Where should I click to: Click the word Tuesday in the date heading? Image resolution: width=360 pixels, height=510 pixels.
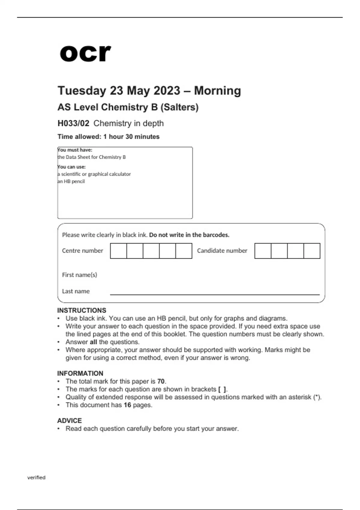pyautogui.click(x=81, y=91)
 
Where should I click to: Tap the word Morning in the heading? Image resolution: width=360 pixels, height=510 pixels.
pyautogui.click(x=217, y=91)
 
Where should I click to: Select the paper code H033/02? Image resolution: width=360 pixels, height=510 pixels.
pyautogui.click(x=73, y=123)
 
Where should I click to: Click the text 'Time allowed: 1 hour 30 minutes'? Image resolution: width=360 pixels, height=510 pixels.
pyautogui.click(x=108, y=136)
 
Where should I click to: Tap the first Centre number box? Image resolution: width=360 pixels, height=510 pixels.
pyautogui.click(x=118, y=251)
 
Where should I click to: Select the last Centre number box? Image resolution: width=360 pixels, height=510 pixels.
pyautogui.click(x=184, y=251)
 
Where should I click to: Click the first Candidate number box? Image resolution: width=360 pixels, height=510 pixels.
pyautogui.click(x=263, y=251)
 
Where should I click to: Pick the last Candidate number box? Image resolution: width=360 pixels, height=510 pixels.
pyautogui.click(x=312, y=251)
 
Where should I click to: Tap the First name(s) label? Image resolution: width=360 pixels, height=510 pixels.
pyautogui.click(x=79, y=275)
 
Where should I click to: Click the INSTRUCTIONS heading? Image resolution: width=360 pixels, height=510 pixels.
pyautogui.click(x=82, y=310)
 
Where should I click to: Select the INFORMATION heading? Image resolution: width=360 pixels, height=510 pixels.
pyautogui.click(x=80, y=373)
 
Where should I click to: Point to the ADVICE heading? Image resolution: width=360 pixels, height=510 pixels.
pyautogui.click(x=69, y=420)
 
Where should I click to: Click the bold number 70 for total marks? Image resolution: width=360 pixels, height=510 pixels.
pyautogui.click(x=161, y=381)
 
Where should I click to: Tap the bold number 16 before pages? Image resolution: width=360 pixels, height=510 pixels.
pyautogui.click(x=127, y=405)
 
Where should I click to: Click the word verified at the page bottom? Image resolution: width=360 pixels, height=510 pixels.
pyautogui.click(x=36, y=477)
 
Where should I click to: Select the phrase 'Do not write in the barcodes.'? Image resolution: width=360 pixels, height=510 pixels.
pyautogui.click(x=189, y=235)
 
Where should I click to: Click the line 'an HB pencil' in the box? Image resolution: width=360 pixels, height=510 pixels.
pyautogui.click(x=71, y=181)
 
